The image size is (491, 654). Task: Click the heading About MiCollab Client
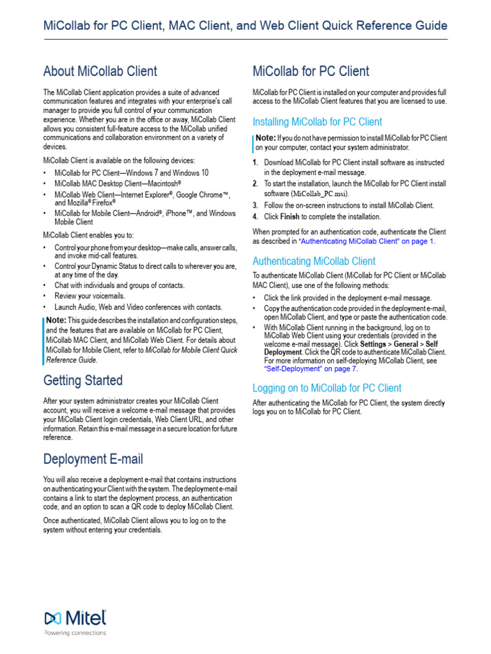click(100, 71)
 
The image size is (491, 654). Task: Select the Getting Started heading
click(83, 381)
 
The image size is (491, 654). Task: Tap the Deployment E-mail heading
click(93, 459)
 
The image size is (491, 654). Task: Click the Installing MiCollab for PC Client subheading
click(317, 122)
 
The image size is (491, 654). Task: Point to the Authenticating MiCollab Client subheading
click(314, 261)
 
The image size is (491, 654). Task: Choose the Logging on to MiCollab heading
click(327, 388)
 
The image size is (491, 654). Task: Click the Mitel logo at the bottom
click(75, 618)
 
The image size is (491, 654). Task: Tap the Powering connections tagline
click(75, 634)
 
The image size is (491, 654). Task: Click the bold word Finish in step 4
click(290, 217)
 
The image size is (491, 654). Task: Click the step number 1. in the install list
click(255, 163)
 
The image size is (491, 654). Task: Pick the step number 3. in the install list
click(255, 205)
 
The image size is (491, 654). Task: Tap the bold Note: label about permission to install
click(266, 138)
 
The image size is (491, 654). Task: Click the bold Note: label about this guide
click(56, 319)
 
